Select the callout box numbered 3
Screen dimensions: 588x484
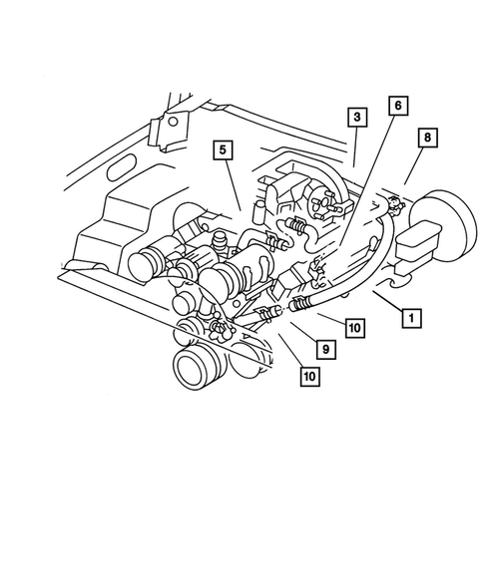(x=355, y=118)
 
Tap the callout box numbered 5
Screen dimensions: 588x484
(x=223, y=151)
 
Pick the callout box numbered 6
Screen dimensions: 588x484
(x=396, y=107)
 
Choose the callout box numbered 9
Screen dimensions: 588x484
(x=324, y=351)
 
